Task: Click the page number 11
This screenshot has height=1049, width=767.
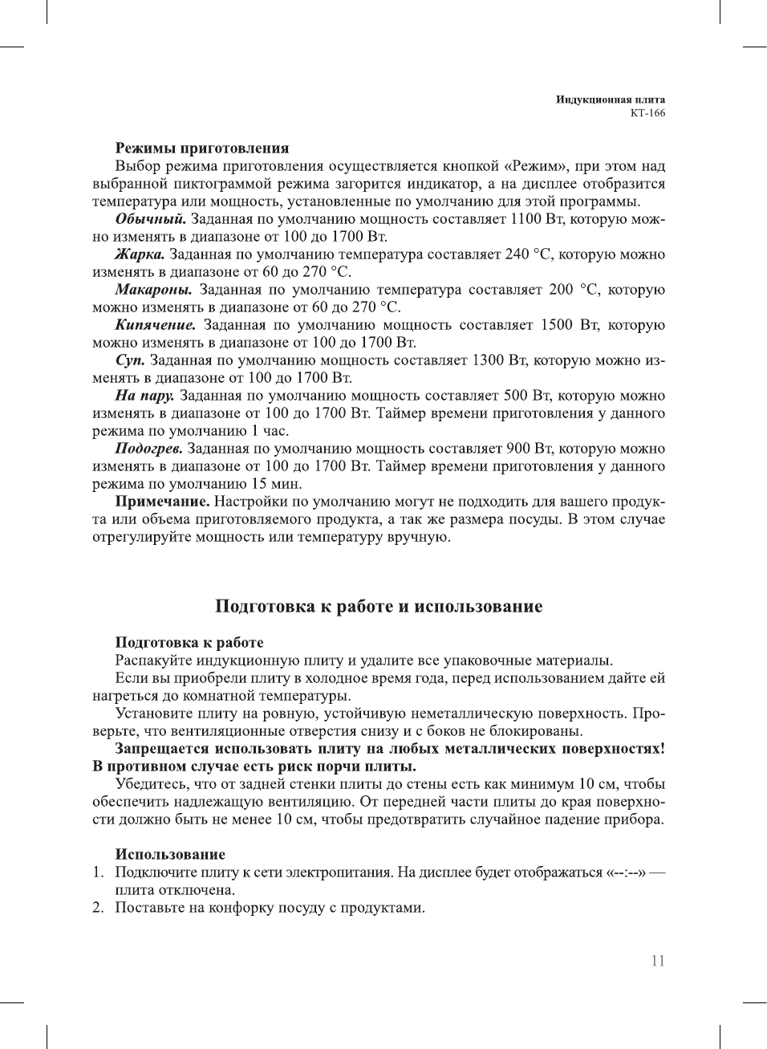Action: [x=657, y=961]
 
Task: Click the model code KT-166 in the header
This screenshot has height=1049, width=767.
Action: [x=647, y=113]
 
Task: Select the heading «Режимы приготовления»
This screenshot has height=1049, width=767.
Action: [x=201, y=148]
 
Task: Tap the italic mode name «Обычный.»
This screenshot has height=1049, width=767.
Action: [x=151, y=219]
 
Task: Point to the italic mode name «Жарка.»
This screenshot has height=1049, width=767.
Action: [x=140, y=254]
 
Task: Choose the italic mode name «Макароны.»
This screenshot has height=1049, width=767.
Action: [x=153, y=290]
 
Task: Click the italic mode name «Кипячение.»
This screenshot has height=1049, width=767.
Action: [x=156, y=325]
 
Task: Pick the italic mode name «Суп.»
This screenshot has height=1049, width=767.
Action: [x=130, y=360]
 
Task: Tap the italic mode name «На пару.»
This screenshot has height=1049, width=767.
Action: [x=144, y=396]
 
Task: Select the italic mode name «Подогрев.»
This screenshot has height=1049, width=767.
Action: [x=148, y=449]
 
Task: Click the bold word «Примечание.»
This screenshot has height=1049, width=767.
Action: [x=162, y=502]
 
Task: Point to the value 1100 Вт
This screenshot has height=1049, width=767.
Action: [x=535, y=219]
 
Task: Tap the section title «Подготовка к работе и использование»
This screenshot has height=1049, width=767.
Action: [x=379, y=607]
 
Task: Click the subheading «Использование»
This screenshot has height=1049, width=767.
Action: [x=170, y=855]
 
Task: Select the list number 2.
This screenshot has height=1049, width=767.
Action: [x=97, y=908]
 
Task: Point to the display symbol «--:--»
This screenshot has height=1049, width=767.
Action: [x=627, y=872]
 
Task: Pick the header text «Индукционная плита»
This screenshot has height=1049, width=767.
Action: [x=611, y=100]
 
